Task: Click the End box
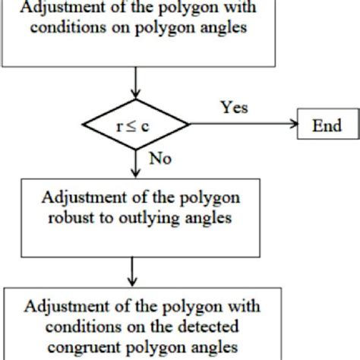[326, 125]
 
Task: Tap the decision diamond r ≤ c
[135, 125]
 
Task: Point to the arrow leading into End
[243, 125]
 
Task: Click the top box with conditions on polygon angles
[135, 34]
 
